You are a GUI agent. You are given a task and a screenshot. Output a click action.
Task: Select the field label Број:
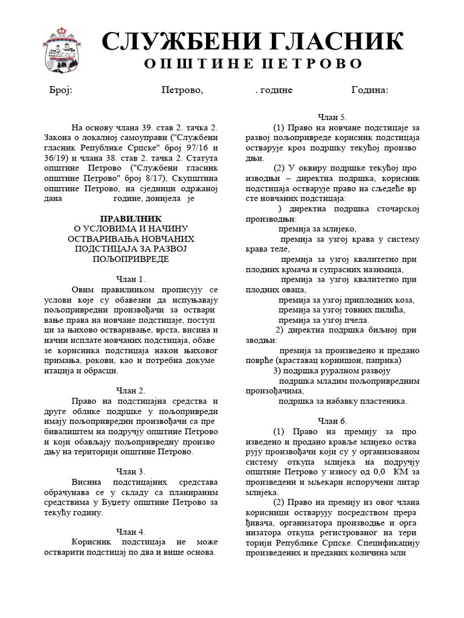(x=60, y=90)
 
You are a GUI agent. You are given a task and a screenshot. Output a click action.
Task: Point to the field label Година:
(x=370, y=90)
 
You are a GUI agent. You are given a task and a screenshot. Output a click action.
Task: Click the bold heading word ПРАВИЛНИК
(x=130, y=218)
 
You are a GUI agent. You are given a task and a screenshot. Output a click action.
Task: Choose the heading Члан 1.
(x=130, y=279)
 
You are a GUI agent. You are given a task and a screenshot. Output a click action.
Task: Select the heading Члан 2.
(x=130, y=390)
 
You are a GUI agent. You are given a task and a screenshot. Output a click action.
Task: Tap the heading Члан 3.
(x=130, y=471)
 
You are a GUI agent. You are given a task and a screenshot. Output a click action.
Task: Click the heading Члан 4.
(x=130, y=532)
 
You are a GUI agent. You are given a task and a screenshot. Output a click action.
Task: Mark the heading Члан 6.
(x=332, y=421)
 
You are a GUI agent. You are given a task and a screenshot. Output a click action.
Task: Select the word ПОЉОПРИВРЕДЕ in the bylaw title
(x=130, y=259)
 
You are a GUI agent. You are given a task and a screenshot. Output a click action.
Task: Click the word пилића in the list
(x=390, y=310)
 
